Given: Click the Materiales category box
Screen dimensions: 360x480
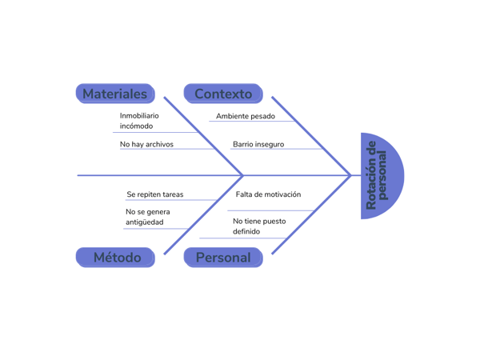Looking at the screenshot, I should tap(115, 94).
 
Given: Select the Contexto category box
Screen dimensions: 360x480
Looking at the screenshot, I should tap(223, 94).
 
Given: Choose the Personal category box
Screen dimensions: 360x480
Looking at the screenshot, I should tap(223, 257).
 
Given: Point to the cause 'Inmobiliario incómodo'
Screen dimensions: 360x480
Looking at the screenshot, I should tap(139, 121).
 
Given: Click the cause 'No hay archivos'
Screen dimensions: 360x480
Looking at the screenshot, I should tap(146, 145).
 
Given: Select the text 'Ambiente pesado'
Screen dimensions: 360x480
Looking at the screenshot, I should tap(246, 116).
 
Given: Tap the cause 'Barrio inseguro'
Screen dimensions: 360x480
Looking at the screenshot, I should tap(258, 145).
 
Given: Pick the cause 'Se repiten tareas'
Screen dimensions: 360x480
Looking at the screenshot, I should tap(154, 194).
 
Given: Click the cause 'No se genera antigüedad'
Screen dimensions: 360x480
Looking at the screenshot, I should tap(147, 217).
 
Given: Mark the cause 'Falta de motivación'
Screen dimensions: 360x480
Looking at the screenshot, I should tap(268, 194).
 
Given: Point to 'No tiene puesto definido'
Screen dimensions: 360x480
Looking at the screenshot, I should tap(258, 226).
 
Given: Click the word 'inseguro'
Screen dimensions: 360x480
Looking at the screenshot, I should tap(269, 145).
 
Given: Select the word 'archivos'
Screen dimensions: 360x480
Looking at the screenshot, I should tap(158, 145).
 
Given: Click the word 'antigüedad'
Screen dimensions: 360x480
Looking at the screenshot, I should tap(144, 222).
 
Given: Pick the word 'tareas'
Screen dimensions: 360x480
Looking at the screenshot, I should tap(172, 194).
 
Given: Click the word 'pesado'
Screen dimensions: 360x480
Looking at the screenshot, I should tap(262, 116).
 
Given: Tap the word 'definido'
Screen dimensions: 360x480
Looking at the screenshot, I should tap(246, 232).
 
